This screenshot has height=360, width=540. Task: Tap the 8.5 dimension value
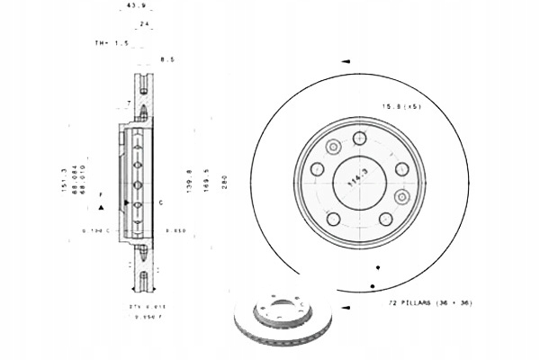pyautogui.click(x=166, y=59)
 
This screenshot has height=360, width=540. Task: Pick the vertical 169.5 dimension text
pyautogui.click(x=206, y=179)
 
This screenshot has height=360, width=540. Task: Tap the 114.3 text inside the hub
pyautogui.click(x=364, y=181)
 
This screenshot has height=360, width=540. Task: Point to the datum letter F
pyautogui.click(x=102, y=194)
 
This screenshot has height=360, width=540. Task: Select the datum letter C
pyautogui.click(x=160, y=202)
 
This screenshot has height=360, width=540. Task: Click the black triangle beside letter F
pyautogui.click(x=102, y=207)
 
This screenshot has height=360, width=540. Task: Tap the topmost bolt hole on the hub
pyautogui.click(x=360, y=138)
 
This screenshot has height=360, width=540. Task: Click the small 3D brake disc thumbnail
pyautogui.click(x=282, y=320)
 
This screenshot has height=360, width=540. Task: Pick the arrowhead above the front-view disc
pyautogui.click(x=346, y=61)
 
